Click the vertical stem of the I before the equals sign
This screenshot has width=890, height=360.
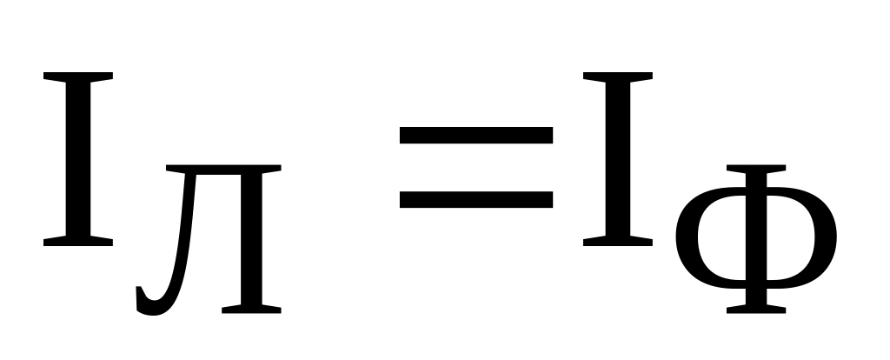pos(77,159)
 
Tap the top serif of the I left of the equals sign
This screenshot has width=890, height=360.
pos(77,77)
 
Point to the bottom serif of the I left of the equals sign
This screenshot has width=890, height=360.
pos(77,242)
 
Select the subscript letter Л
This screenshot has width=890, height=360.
pos(209,239)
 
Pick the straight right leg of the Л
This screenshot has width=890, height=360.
pos(251,238)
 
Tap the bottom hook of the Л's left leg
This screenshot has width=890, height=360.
pos(148,302)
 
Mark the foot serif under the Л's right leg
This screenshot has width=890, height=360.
pos(251,310)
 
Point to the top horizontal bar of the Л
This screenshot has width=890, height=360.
pos(223,170)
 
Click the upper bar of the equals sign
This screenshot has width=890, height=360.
pos(476,135)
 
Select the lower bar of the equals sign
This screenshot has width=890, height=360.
pos(476,200)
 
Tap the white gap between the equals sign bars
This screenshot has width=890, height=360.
pos(476,168)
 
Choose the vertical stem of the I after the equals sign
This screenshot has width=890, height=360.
pos(618,159)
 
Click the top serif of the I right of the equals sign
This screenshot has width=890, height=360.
pos(618,77)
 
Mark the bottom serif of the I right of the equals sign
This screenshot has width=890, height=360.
pos(618,242)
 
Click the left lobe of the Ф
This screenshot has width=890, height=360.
pos(687,237)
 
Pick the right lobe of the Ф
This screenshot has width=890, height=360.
pos(826,237)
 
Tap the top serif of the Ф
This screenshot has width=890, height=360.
pos(756,169)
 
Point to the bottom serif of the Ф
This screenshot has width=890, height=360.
pos(756,310)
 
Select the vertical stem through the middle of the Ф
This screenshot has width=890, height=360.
pos(756,239)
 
